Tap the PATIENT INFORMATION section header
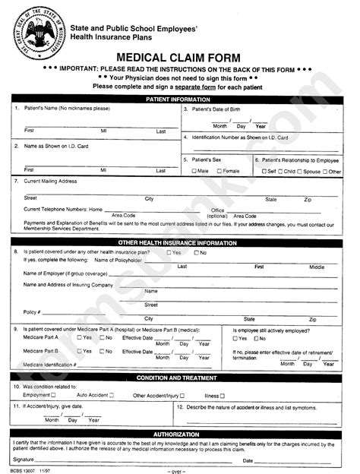(178, 100)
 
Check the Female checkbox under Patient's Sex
(217, 171)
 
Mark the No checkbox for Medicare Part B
(102, 351)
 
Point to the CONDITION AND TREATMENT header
(178, 378)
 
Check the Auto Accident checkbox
(112, 395)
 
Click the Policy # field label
(32, 311)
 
